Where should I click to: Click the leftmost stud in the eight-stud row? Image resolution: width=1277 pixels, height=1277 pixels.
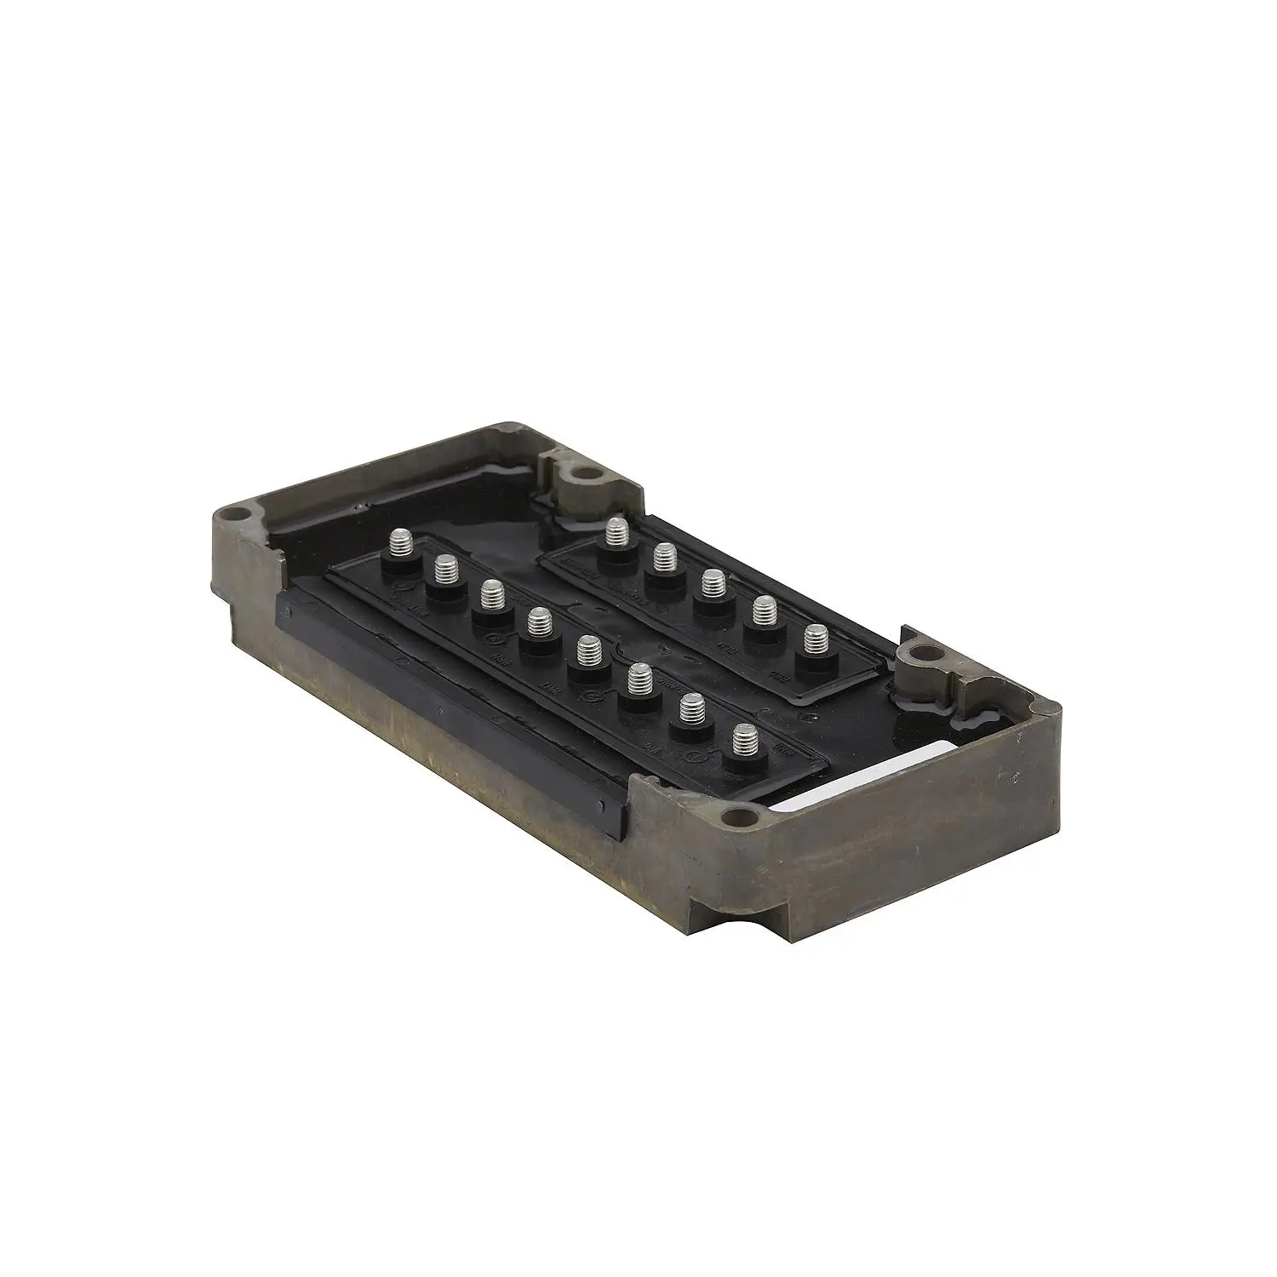400,541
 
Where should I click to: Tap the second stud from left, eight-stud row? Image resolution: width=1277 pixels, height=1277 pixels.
445,568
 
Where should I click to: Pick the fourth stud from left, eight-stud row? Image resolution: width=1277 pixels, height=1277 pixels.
536,622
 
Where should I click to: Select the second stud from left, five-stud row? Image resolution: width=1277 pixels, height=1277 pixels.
665,557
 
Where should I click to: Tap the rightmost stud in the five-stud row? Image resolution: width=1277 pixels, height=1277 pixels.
816,638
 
